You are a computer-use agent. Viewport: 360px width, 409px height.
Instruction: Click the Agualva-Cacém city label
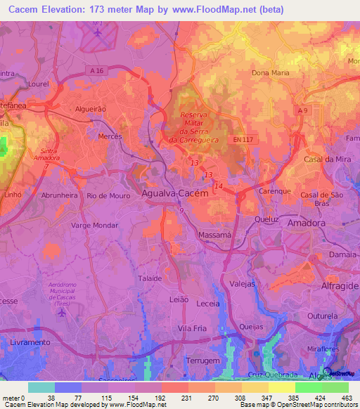coord(175,193)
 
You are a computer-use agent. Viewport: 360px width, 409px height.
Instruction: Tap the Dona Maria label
coord(269,72)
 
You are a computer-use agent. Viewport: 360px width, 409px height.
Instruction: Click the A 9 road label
coord(302,111)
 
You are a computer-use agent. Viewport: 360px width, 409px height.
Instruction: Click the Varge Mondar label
coord(94,226)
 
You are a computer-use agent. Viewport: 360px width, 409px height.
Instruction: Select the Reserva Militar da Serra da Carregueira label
coord(205,127)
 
